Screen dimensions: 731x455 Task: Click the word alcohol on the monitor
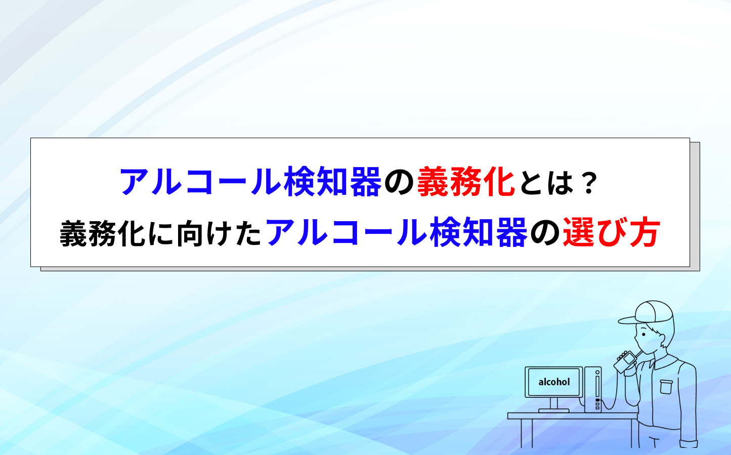pos(554,382)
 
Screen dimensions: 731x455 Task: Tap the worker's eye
pos(644,334)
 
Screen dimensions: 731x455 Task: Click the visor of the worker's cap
pos(627,320)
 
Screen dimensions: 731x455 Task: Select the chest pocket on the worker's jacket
pos(666,387)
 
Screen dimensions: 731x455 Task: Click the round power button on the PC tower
pos(597,373)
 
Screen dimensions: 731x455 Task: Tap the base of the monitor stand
pos(553,410)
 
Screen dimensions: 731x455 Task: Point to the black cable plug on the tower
pos(597,399)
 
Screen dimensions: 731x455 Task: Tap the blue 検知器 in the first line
pos(332,182)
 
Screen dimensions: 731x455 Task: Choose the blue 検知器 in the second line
pos(479,232)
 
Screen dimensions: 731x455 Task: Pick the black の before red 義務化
pos(399,183)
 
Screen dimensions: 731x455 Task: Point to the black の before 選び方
pos(545,234)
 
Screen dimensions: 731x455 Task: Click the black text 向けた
pos(219,233)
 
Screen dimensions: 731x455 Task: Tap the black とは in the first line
pos(547,183)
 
